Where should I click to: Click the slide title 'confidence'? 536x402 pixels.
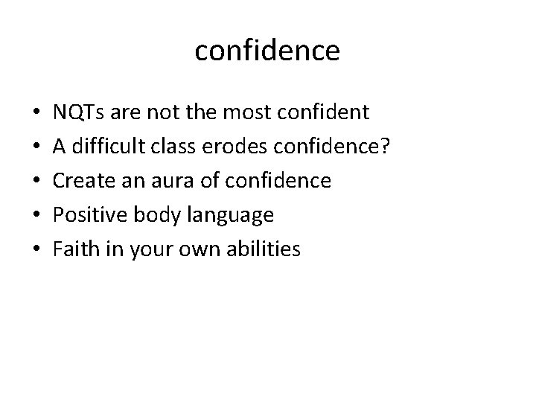pos(267,51)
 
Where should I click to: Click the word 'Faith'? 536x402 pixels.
pos(73,249)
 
